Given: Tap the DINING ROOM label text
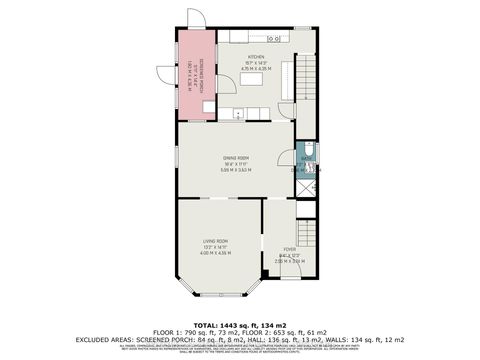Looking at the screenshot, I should (236, 158).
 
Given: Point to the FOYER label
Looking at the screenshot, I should (289, 249).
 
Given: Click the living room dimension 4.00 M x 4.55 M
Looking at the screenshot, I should (217, 253).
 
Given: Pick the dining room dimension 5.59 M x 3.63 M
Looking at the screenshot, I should (236, 170).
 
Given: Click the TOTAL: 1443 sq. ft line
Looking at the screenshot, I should (240, 326).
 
